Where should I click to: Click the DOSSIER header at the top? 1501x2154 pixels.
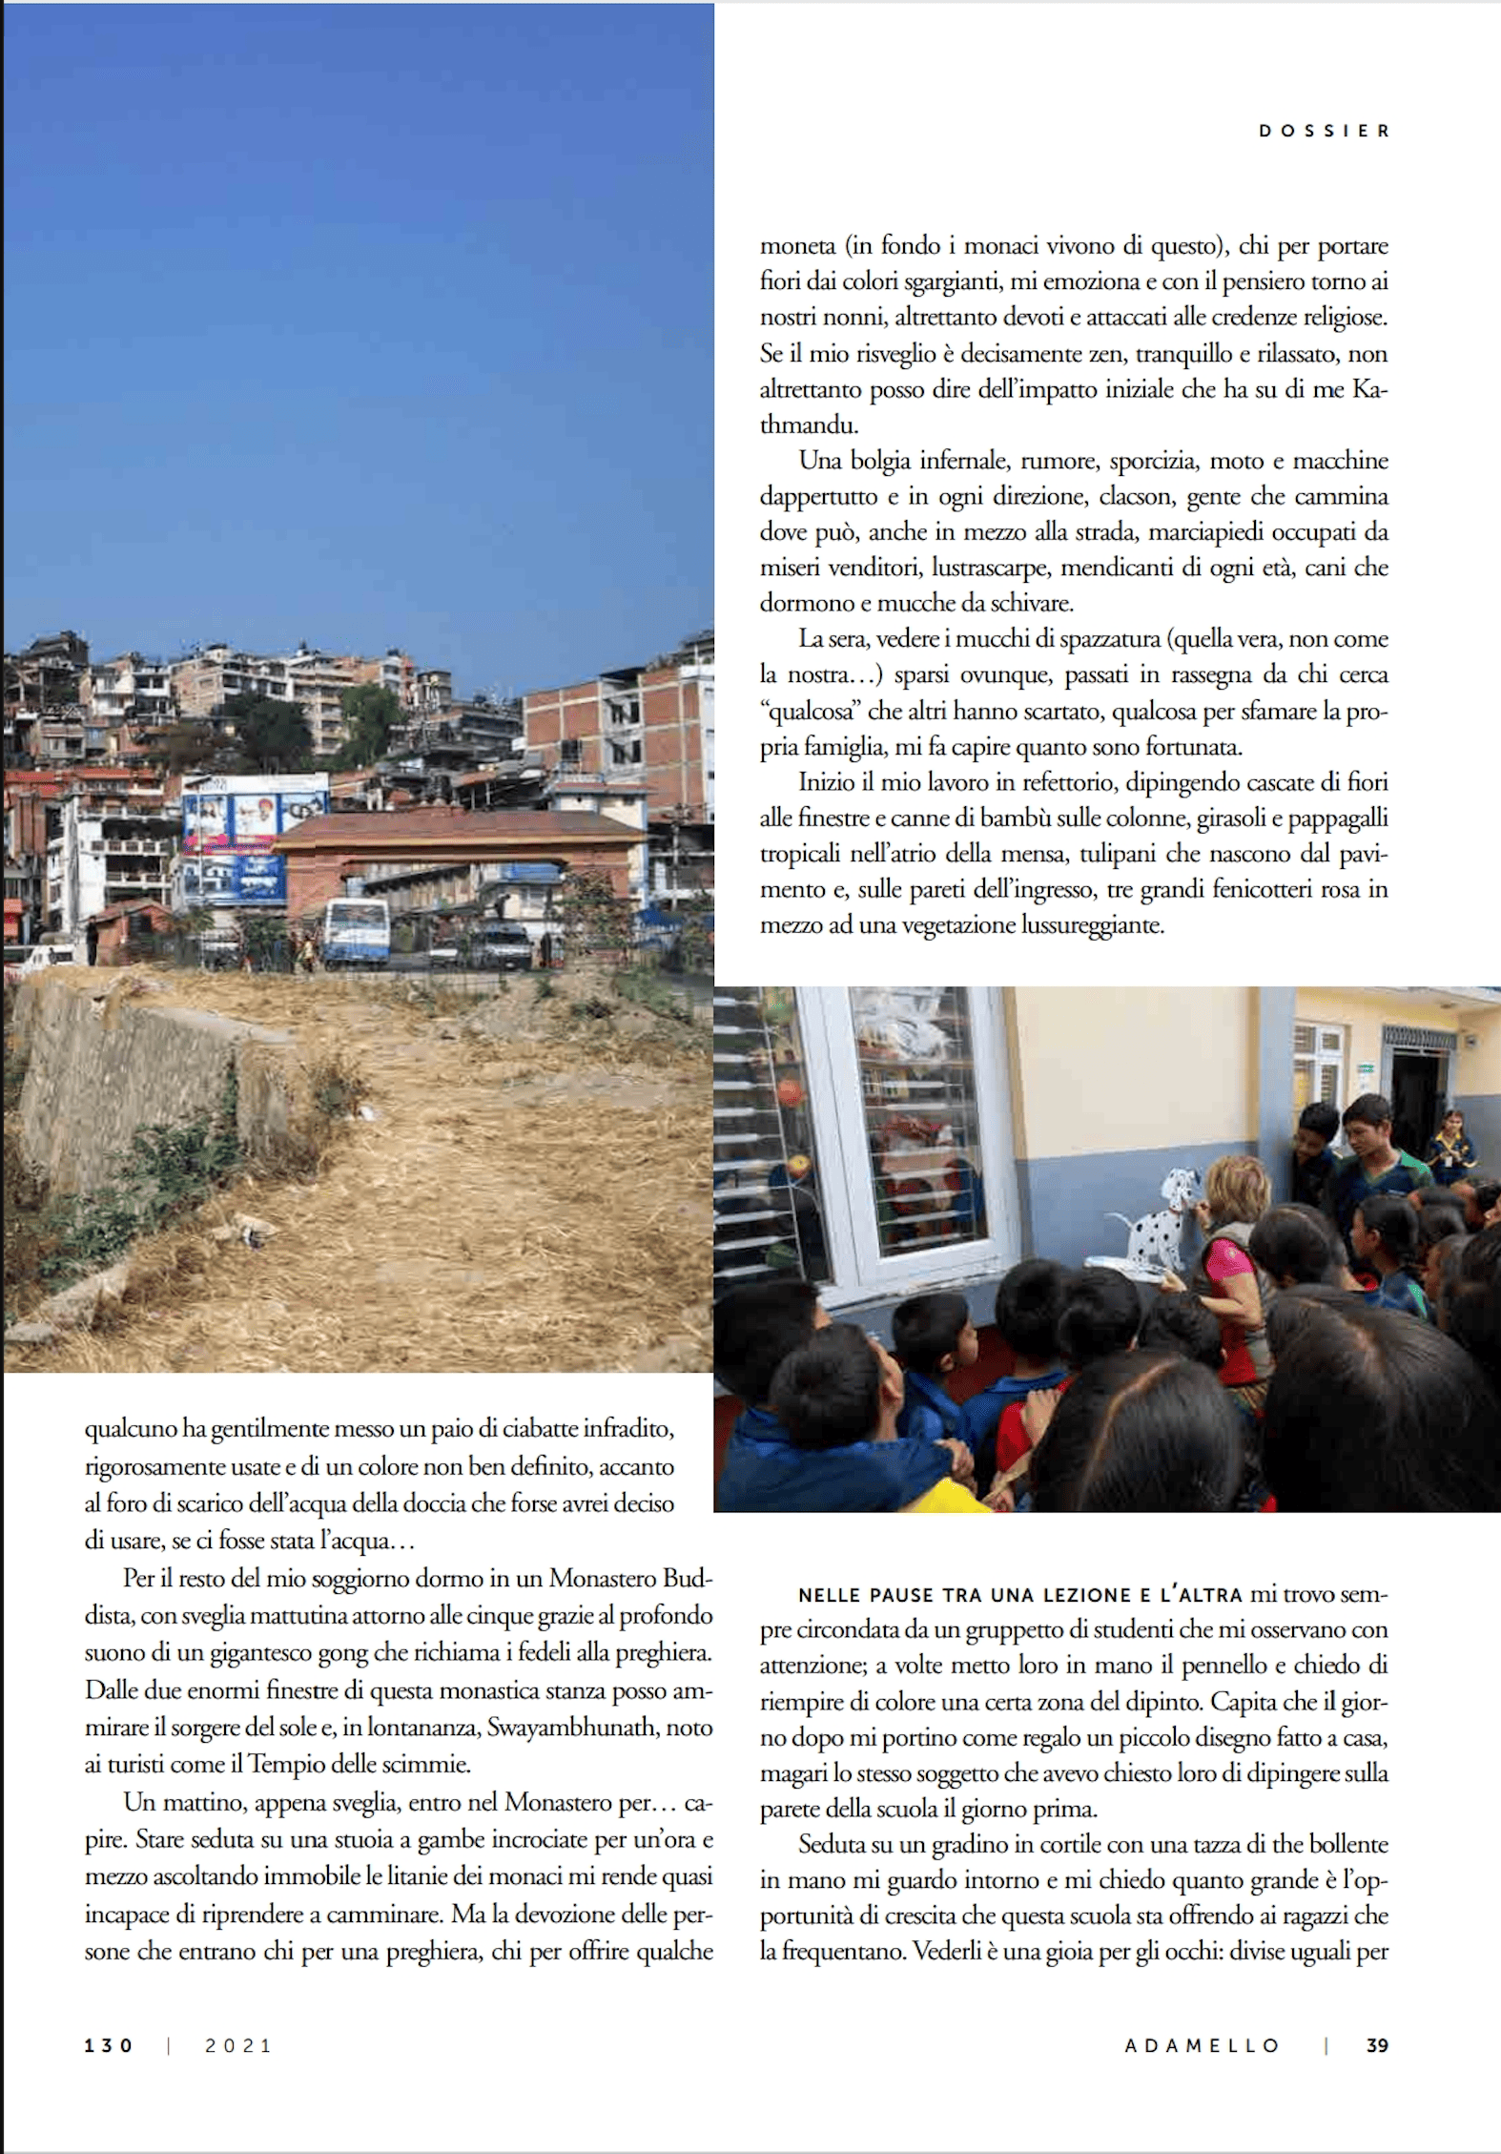(x=1324, y=131)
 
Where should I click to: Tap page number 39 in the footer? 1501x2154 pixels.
(x=1376, y=2045)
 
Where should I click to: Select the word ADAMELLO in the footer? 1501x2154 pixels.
(x=1202, y=2045)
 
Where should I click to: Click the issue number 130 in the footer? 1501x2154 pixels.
(x=109, y=2045)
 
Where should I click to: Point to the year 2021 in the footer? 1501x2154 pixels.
(x=238, y=2045)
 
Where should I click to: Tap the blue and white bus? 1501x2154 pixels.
(x=356, y=932)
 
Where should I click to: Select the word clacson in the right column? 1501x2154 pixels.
(x=1134, y=497)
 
